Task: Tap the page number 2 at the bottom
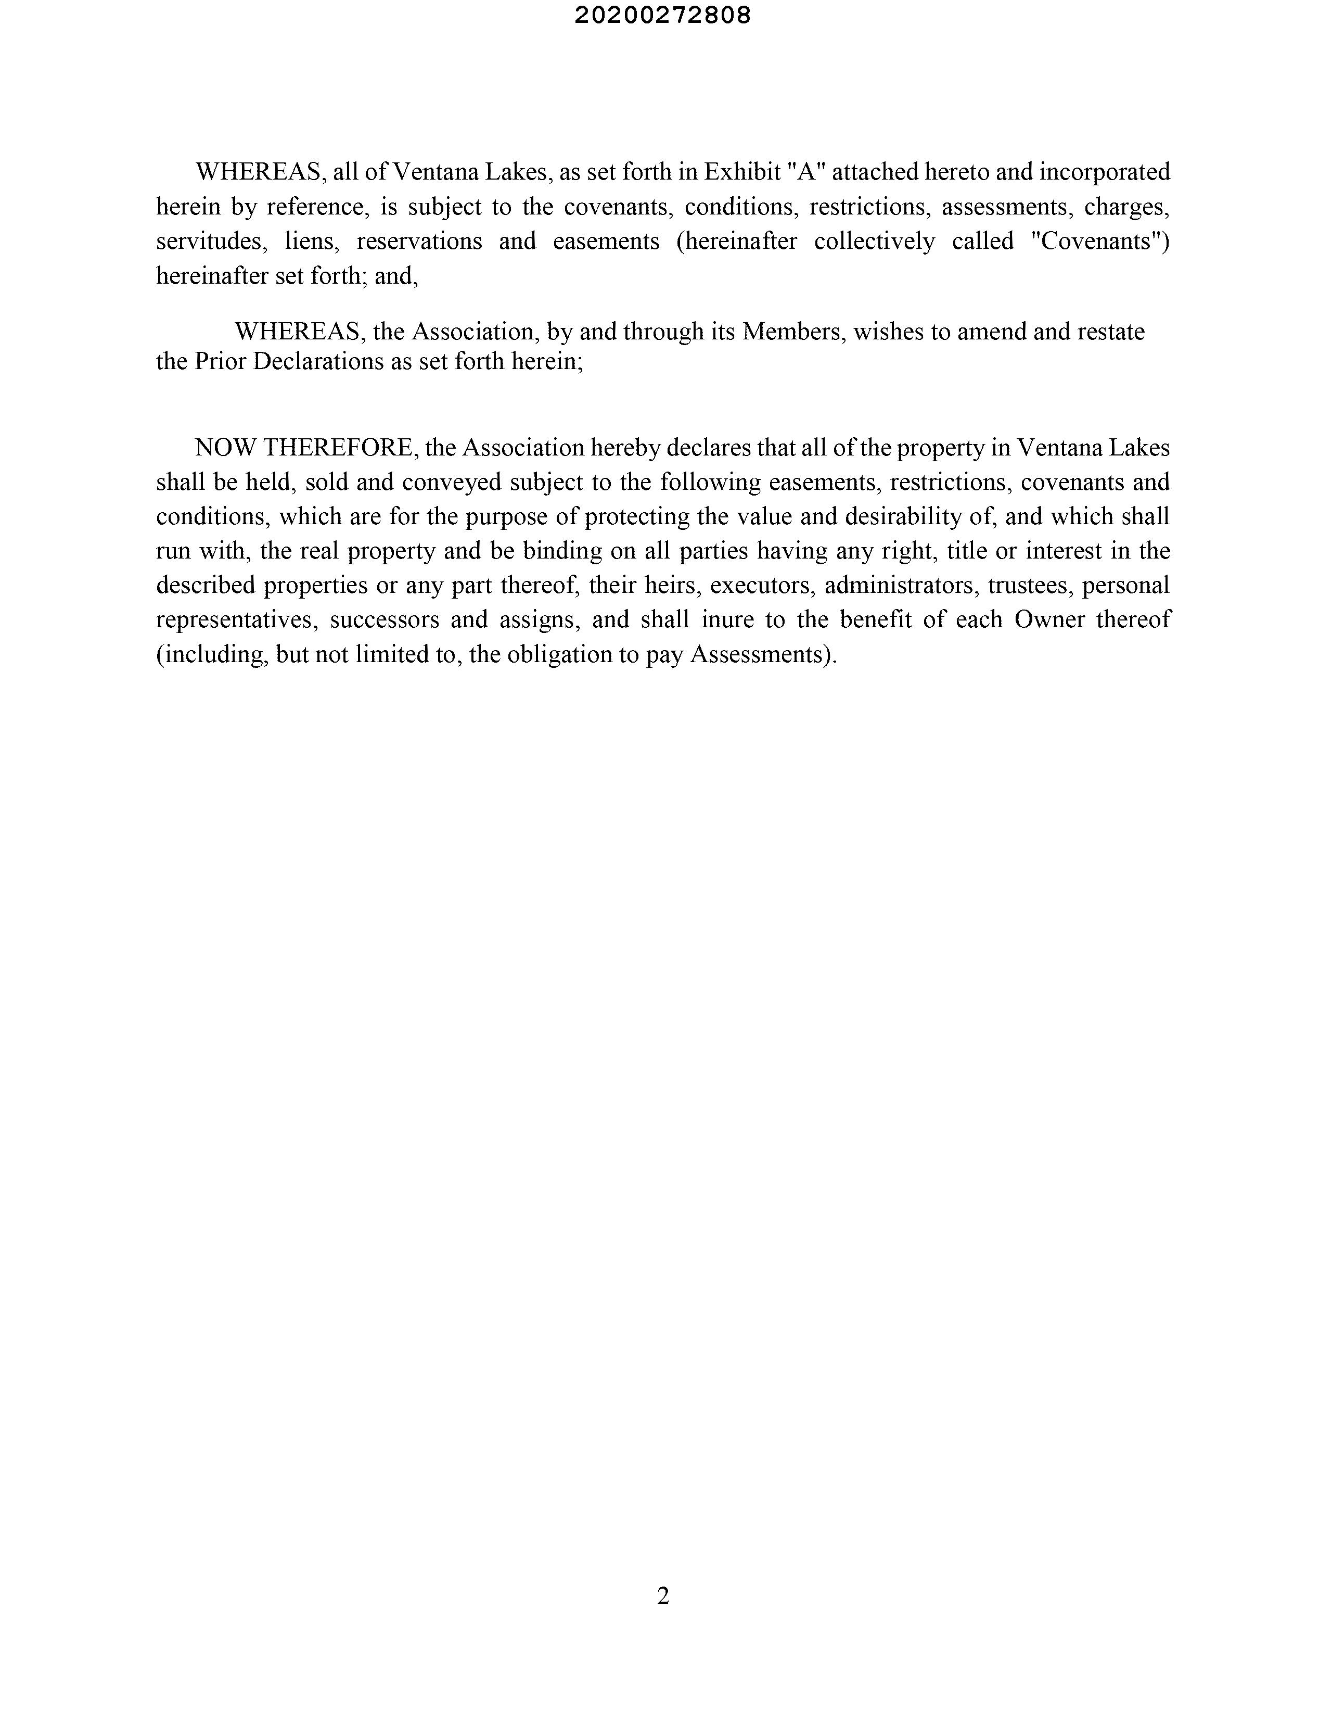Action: click(663, 1595)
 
